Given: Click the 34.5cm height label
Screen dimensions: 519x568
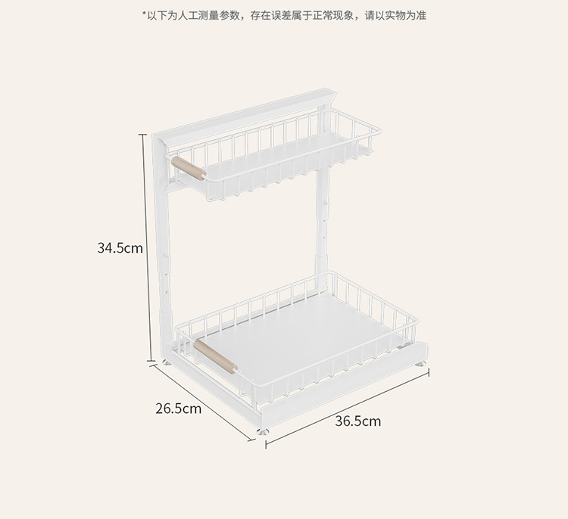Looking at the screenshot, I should coord(120,247).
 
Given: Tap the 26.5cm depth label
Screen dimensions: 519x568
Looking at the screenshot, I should coord(178,409).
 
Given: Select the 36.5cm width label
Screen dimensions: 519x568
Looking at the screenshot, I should coord(357,421).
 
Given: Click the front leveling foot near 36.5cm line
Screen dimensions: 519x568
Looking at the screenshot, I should coord(264,432).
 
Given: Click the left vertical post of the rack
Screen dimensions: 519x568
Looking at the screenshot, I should coord(161,250).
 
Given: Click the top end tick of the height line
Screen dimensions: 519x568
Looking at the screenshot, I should coord(144,134).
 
